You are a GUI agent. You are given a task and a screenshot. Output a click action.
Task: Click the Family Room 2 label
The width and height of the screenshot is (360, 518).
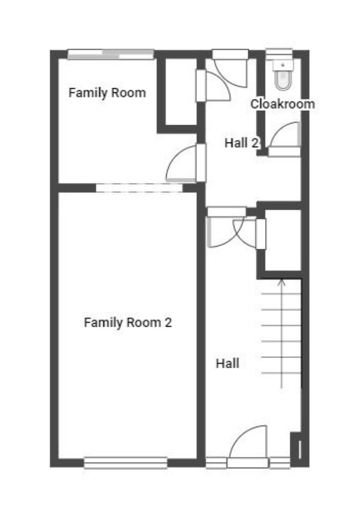click(128, 323)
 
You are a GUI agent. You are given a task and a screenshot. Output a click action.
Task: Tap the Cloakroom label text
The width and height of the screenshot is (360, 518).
click(283, 104)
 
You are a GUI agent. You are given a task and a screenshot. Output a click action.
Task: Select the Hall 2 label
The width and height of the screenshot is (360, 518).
click(241, 143)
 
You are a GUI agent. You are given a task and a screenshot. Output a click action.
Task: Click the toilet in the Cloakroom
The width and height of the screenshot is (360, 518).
click(283, 75)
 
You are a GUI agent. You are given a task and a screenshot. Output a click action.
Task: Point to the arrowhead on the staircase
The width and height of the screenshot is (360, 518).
click(282, 283)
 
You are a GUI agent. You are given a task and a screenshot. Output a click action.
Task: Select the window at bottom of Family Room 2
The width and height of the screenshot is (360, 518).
click(126, 463)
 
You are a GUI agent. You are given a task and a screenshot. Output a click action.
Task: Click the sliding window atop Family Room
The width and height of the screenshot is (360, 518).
click(111, 54)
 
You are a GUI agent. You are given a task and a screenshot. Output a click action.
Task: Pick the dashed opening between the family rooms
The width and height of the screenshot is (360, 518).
click(139, 188)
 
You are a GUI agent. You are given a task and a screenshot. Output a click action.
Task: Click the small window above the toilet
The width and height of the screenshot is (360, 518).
click(279, 54)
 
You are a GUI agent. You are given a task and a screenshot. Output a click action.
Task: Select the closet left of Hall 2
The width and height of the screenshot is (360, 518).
click(181, 92)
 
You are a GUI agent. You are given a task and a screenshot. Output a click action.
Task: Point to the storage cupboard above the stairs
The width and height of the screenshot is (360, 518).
click(283, 240)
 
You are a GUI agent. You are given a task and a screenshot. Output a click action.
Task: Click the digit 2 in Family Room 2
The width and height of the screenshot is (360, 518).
click(168, 322)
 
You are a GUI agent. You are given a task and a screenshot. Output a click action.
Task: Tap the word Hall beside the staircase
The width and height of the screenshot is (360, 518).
click(227, 363)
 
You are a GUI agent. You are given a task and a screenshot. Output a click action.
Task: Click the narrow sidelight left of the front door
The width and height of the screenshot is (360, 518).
click(217, 463)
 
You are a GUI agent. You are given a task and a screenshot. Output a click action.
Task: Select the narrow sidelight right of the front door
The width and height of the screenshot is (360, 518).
click(279, 463)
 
